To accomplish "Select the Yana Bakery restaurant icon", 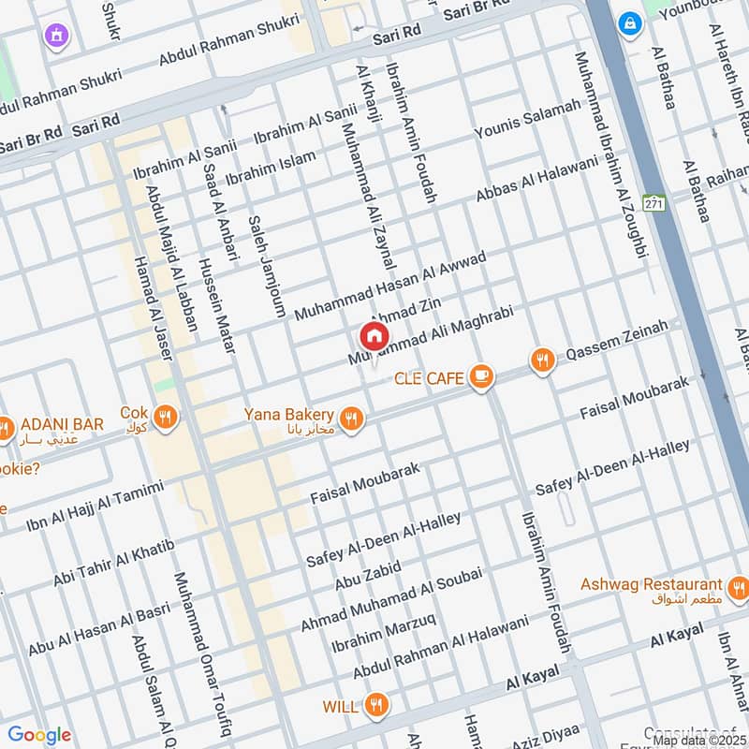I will pos(351,419).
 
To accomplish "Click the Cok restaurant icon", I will pos(165,417).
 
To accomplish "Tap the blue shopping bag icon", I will pos(628,20).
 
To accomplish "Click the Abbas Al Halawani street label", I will pos(536,178).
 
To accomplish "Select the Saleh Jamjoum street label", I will pos(266,266).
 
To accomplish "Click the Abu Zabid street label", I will pos(368,575).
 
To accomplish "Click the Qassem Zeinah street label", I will pos(618,342).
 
